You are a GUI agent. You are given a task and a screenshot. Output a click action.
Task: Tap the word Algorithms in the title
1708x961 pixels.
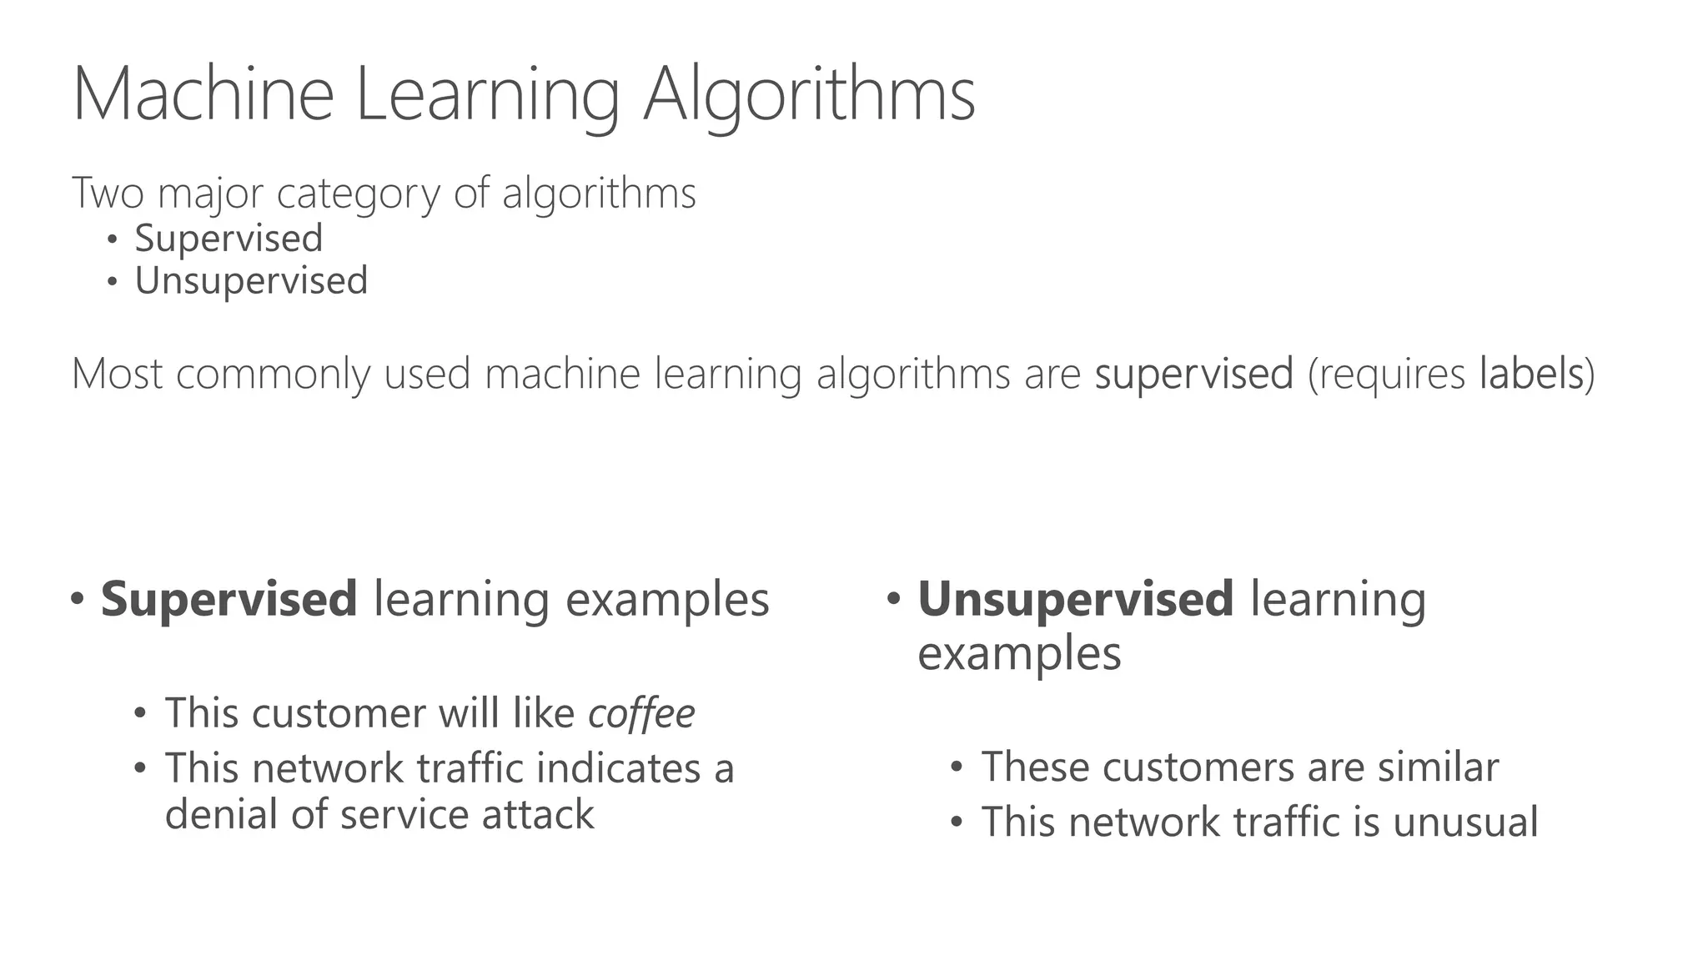pos(809,96)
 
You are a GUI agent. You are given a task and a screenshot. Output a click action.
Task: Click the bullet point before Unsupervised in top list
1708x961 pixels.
pos(113,282)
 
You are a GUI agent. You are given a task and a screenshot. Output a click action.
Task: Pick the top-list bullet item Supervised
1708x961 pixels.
pos(229,239)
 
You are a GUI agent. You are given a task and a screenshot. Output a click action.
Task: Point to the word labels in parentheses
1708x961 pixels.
pos(1531,373)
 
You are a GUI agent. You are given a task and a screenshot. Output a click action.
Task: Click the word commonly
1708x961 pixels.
pos(274,375)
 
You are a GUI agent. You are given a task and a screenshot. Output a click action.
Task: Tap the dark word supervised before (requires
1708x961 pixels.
pos(1194,375)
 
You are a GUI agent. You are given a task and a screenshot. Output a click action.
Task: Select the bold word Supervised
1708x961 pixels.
pos(229,600)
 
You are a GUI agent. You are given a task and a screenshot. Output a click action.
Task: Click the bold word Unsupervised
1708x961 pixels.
pos(1075,600)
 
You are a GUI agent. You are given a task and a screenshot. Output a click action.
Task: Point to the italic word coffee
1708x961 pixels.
pos(641,713)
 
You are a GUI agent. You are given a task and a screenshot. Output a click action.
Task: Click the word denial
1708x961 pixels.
pos(221,814)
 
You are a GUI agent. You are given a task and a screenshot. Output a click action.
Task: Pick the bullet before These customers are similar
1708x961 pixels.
pos(957,767)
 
